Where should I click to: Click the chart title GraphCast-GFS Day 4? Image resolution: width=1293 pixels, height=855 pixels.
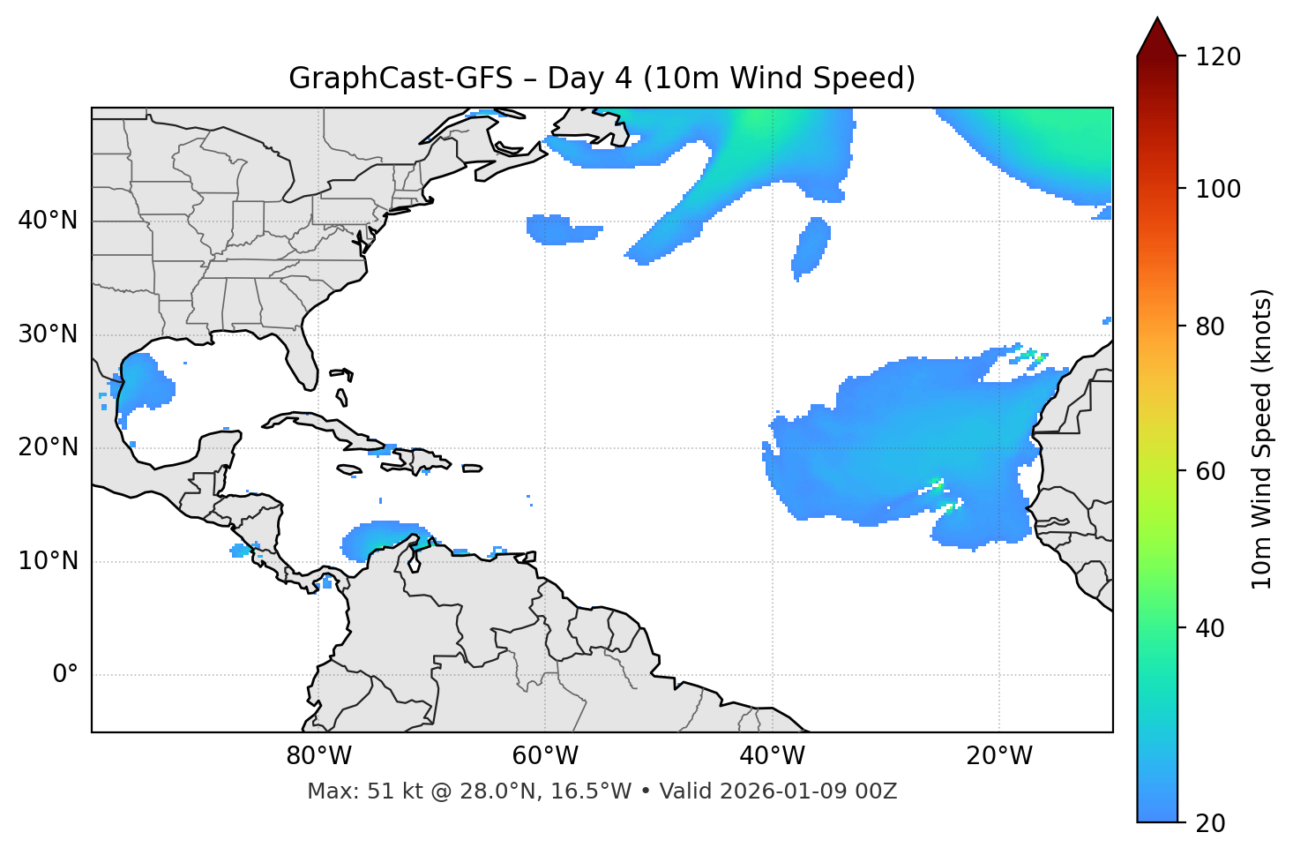tap(602, 79)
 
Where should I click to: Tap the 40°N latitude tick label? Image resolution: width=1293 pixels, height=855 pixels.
tap(48, 221)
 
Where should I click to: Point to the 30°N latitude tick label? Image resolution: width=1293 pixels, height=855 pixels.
tap(48, 334)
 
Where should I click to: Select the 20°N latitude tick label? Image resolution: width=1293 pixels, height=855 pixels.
tap(48, 447)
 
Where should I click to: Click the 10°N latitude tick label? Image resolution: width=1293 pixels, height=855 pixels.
tap(48, 561)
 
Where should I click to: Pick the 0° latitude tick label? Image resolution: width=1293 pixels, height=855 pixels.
tap(65, 675)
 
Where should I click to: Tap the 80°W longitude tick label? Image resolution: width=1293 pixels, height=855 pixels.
tap(318, 756)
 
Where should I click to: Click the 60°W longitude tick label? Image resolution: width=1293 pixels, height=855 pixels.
tap(545, 756)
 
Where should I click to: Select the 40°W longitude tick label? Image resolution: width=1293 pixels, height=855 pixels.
tap(772, 756)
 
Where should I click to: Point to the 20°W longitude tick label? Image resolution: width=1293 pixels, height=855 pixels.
tap(998, 756)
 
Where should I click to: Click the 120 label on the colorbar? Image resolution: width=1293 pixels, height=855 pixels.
tap(1218, 57)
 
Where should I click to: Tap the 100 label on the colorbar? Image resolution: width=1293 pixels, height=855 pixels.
tap(1218, 189)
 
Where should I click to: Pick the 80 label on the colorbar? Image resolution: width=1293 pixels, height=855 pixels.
tap(1212, 326)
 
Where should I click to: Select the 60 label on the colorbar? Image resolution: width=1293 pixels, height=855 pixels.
tap(1212, 471)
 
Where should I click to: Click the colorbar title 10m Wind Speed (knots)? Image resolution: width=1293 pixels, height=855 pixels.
tap(1262, 439)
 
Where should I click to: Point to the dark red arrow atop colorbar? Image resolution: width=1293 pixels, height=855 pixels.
tap(1157, 38)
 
